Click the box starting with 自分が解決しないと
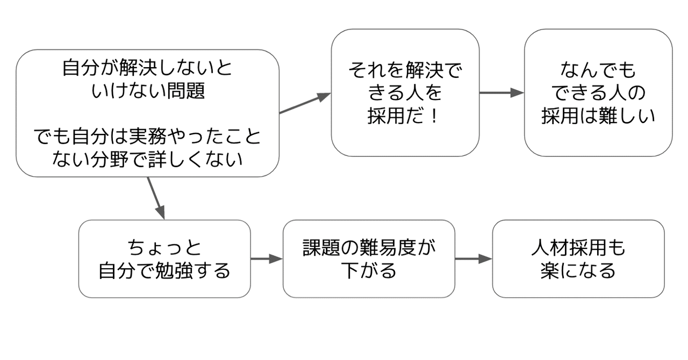pos(147,113)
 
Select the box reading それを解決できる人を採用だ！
pos(405,93)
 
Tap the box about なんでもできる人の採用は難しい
pos(598,93)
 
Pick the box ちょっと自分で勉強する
pos(164,259)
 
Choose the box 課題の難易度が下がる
pos(369,259)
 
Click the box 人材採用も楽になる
pos(578,259)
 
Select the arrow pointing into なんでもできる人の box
pos(501,93)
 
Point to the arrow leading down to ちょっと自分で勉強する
pos(155,198)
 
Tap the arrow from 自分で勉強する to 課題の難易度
pos(267,259)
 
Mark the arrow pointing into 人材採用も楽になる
pos(474,259)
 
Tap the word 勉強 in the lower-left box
pos(174,270)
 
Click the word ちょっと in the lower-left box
pos(164,248)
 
